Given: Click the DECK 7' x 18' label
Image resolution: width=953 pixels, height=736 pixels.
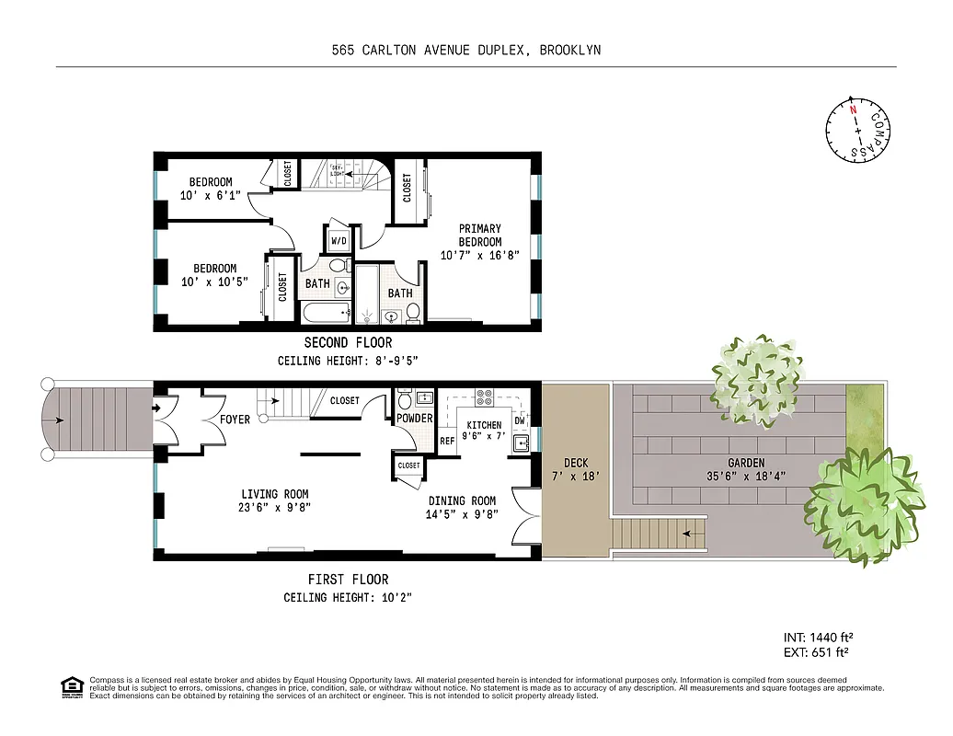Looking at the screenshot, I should pos(576,469).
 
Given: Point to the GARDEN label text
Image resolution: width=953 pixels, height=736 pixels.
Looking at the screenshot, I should pos(746,464).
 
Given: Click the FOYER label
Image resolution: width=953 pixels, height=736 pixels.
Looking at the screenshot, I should pos(235,420).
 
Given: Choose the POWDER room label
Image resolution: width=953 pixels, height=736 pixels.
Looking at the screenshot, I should pos(415,419).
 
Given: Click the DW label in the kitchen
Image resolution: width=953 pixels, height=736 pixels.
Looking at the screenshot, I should pos(520,420).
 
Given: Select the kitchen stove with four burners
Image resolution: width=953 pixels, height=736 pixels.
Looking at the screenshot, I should pos(485,398).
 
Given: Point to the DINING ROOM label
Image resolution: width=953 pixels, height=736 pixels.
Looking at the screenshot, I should pos(462,501).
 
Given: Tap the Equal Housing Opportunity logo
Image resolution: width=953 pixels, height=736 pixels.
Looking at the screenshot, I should pos(70,686).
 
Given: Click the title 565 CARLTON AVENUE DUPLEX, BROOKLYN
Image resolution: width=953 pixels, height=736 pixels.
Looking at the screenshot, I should pos(465,50).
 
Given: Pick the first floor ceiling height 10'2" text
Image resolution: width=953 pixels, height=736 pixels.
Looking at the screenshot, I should pos(348,598).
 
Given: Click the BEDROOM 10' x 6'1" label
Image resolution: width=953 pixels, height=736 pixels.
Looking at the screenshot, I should pos(211,189).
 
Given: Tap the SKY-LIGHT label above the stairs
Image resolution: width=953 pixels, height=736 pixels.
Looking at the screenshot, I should pos(337,170).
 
